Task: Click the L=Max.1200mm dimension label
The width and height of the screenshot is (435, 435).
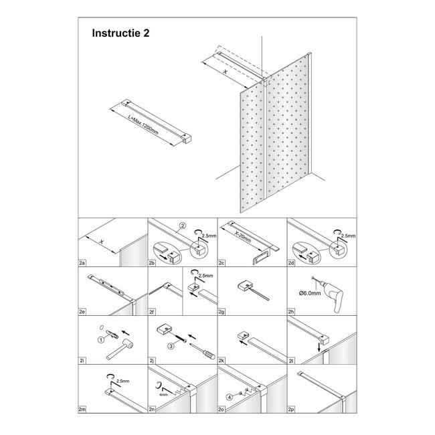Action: [x=144, y=124]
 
